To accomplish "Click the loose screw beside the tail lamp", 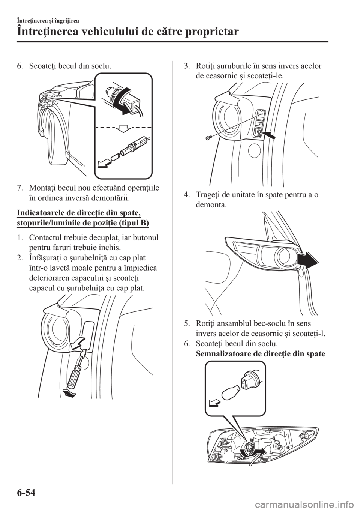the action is click(208, 138).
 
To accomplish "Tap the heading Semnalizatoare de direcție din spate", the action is click(260, 354).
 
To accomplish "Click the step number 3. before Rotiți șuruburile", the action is click(187, 66).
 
